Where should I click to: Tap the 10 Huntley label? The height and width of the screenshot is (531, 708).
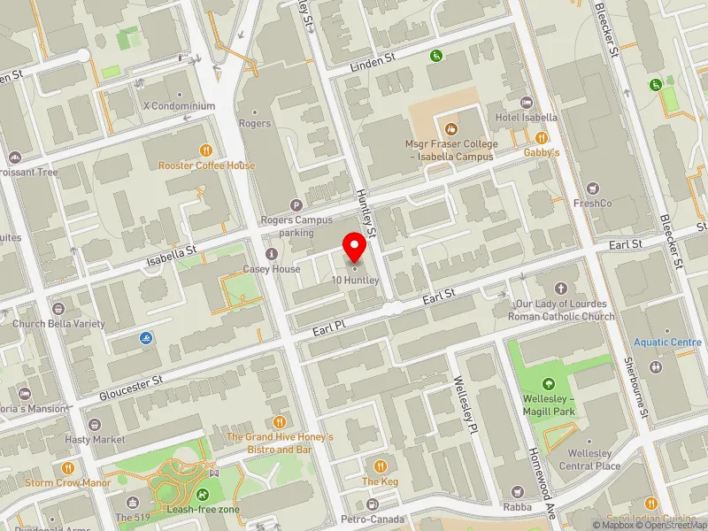click(356, 281)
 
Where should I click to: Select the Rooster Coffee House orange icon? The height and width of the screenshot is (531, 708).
click(206, 150)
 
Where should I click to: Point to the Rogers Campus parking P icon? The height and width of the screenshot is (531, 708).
click(296, 205)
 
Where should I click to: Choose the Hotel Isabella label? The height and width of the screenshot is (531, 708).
click(526, 117)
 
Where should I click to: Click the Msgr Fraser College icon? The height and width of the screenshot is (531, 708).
click(451, 129)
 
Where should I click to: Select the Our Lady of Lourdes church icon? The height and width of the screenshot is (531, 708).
click(561, 289)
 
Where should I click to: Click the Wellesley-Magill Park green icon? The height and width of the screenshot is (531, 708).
click(549, 383)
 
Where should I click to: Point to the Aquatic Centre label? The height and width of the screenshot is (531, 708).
click(667, 342)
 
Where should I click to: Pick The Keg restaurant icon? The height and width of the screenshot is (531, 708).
click(381, 466)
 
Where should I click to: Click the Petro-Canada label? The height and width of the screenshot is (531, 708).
click(373, 519)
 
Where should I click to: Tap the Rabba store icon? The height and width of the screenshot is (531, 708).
click(517, 491)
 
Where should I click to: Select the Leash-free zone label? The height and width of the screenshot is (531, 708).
click(205, 510)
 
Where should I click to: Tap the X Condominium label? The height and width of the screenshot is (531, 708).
click(179, 106)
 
